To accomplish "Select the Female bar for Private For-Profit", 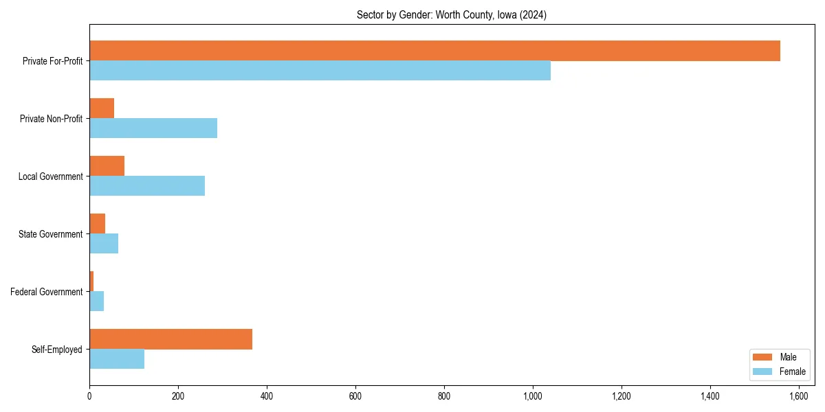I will [320, 71].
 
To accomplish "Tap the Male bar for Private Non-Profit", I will [102, 108].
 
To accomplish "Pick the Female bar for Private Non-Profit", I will [153, 128].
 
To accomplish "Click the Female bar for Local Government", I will [147, 186].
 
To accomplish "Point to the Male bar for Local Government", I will [107, 166].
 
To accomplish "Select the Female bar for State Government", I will [104, 244].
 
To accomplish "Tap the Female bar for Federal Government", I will [97, 301].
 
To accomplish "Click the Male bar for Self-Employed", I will [170, 339].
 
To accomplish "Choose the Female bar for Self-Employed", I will [117, 359].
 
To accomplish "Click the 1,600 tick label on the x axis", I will [799, 396].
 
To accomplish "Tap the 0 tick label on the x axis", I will [89, 396].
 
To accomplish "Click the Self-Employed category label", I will [57, 350].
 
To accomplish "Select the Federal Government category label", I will [47, 292].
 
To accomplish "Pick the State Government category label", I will [51, 234].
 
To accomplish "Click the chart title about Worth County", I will [452, 15].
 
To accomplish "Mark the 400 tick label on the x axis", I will [267, 396].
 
